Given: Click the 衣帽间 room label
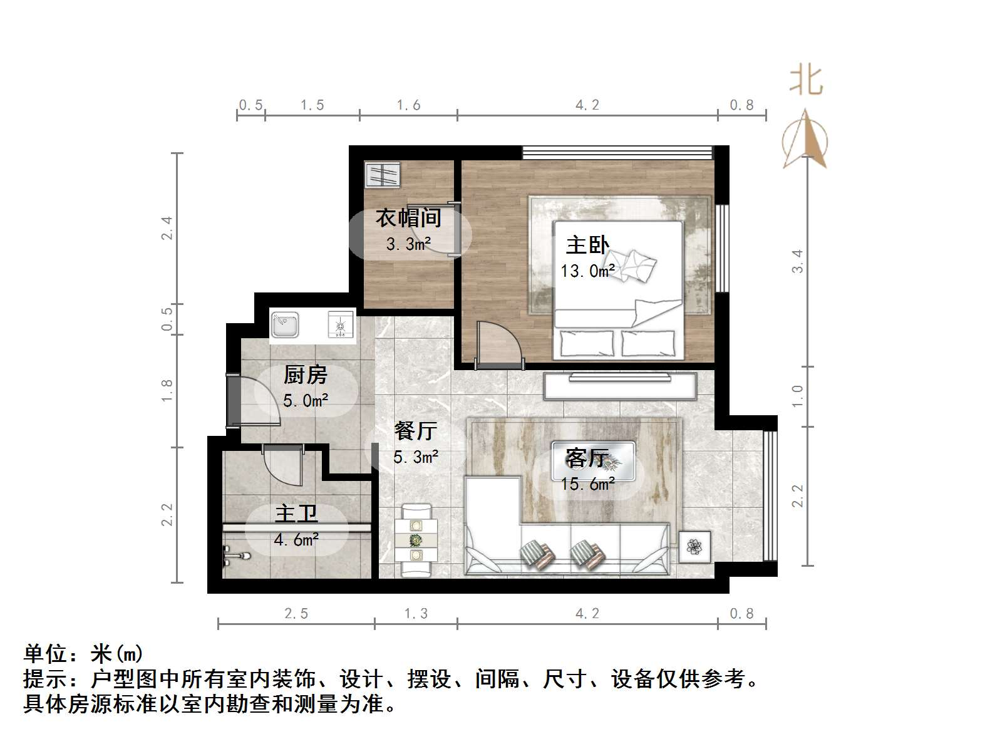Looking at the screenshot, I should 408,218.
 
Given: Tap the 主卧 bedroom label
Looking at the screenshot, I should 587,245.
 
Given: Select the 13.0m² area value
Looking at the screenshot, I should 587,271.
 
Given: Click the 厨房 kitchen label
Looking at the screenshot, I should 306,375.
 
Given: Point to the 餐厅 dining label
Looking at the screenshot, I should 415,431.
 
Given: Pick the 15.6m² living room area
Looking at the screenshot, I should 587,484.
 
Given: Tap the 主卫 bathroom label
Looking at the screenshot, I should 296,515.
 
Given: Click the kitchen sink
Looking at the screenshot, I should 285,326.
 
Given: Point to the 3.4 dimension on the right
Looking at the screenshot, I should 797,261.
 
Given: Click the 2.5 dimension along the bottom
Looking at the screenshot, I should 296,614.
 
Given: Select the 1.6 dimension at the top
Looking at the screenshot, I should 408,105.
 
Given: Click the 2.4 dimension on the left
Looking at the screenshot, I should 167,228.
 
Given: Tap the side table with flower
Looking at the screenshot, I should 694,547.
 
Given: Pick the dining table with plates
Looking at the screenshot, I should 415,540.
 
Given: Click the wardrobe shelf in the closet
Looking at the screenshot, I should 382,174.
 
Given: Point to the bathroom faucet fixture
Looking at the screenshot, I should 236,554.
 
